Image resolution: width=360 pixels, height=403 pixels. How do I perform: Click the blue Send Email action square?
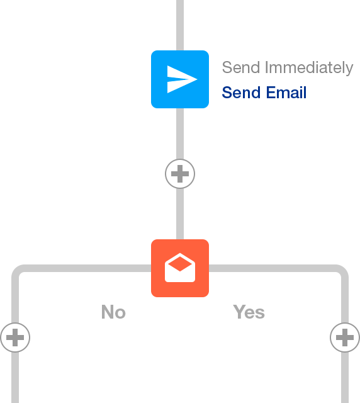pos(180,79)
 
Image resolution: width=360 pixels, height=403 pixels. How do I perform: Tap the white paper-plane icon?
pos(182,79)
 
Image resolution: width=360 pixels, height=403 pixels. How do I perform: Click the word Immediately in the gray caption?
pos(309,68)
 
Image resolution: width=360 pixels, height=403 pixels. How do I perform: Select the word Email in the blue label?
pos(286,93)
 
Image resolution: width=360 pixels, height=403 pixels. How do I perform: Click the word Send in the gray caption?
pos(241,67)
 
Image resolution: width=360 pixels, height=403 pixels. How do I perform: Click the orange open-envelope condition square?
pos(180,268)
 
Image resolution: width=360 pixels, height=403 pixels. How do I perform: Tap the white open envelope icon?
pos(180,268)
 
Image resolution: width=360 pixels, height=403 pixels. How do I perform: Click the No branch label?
pos(113,312)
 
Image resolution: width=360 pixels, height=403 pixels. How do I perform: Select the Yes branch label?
pos(249,312)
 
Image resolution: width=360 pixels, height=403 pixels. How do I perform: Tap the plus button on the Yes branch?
pos(345,338)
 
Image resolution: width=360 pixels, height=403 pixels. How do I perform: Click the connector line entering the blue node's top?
pos(180,25)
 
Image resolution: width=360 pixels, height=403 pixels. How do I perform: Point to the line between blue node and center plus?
pos(180,133)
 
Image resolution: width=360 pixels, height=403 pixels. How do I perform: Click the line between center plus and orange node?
pos(180,214)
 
